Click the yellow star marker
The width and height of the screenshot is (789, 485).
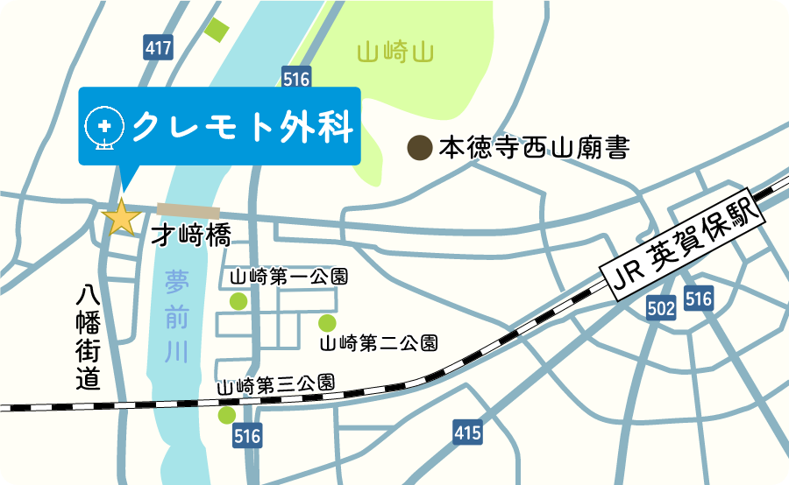(x=121, y=216)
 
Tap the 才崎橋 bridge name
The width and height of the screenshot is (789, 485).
(x=190, y=235)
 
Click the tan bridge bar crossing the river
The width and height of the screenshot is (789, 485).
(x=188, y=209)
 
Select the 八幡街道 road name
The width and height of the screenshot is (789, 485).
(x=89, y=338)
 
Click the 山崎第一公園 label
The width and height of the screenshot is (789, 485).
(x=288, y=278)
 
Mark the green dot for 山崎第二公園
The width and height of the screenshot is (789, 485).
(x=327, y=322)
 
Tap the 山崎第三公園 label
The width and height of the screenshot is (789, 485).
(x=275, y=383)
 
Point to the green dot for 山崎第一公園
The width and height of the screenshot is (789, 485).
(x=238, y=301)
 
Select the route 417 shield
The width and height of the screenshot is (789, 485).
(x=159, y=48)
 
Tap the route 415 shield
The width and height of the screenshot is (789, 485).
(x=468, y=431)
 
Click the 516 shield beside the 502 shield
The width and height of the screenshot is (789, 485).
(x=699, y=299)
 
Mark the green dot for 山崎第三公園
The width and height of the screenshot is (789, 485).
(x=227, y=414)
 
